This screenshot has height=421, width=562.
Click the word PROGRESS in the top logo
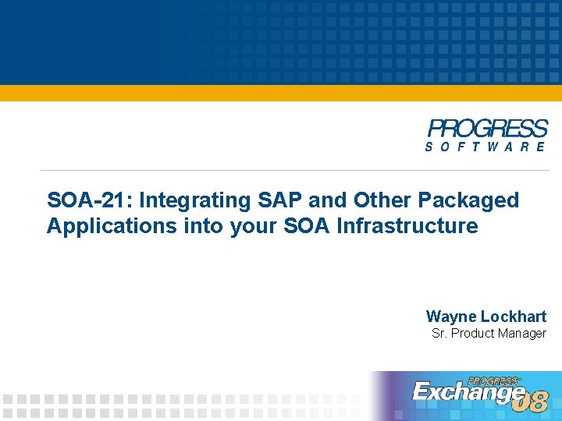488,129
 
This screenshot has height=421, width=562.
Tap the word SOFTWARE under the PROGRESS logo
486,147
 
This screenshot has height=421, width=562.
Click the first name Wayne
451,317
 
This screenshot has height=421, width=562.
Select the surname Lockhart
513,317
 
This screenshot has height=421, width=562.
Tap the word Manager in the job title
521,334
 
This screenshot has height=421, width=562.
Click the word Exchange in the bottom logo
467,392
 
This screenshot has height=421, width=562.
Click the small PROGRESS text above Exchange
495,380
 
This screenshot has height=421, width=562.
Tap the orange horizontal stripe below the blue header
281,93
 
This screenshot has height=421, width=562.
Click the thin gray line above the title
234,170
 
